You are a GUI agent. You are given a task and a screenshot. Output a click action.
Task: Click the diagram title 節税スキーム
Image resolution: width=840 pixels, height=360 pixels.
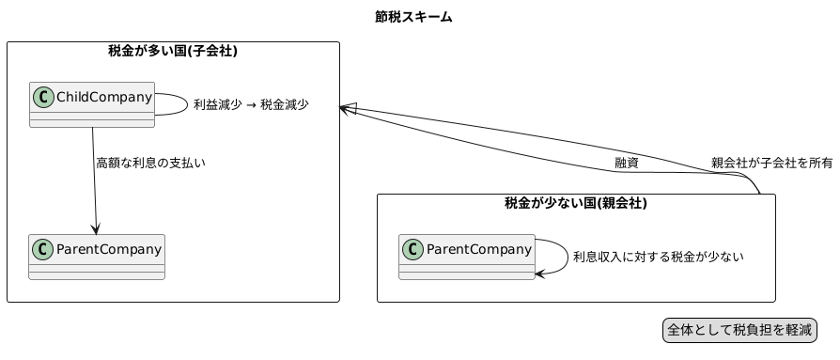click(412, 17)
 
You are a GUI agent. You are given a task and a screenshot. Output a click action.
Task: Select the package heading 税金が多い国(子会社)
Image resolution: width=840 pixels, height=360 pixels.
click(172, 52)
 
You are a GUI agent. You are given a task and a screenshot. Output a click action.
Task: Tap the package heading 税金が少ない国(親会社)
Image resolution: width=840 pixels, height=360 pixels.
click(575, 203)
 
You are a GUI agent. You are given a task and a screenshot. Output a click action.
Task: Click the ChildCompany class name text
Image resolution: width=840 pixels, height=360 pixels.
click(103, 95)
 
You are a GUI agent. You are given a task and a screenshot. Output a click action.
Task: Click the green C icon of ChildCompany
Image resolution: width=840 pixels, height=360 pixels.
click(42, 95)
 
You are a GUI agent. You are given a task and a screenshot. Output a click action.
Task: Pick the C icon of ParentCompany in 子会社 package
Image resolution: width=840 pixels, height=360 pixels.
click(42, 249)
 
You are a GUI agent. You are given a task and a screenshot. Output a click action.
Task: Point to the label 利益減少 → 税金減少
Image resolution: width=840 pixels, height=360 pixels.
click(251, 105)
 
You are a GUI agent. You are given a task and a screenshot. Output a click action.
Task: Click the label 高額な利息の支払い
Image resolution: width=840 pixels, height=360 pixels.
click(150, 164)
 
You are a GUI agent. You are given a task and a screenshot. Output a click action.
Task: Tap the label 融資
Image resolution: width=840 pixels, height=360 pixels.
click(627, 164)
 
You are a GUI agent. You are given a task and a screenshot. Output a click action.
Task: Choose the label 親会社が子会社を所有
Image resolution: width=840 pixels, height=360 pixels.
click(771, 163)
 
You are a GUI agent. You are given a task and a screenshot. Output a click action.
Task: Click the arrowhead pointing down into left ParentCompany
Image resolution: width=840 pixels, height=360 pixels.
click(95, 229)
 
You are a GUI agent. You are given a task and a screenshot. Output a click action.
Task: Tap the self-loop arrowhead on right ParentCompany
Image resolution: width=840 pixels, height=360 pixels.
click(539, 274)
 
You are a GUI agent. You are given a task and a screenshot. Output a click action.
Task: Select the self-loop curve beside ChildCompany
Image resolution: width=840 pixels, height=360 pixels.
click(185, 104)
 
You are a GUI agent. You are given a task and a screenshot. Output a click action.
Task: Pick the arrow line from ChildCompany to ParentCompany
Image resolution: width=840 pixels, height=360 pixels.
click(93, 179)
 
